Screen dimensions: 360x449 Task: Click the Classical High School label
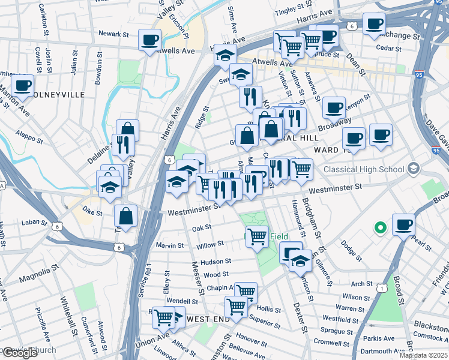(x=364, y=169)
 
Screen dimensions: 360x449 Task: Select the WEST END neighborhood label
(x=208, y=319)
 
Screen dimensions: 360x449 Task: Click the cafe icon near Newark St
(x=149, y=41)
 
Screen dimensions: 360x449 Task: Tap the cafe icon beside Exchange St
(x=375, y=24)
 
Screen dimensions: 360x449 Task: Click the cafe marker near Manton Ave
(x=22, y=85)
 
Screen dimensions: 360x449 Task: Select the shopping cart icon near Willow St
(x=258, y=236)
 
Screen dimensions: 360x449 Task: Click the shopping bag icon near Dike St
(x=126, y=215)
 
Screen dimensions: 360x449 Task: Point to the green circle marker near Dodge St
(x=379, y=228)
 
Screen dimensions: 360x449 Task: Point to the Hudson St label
(x=216, y=262)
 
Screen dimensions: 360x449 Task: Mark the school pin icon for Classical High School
(x=412, y=169)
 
